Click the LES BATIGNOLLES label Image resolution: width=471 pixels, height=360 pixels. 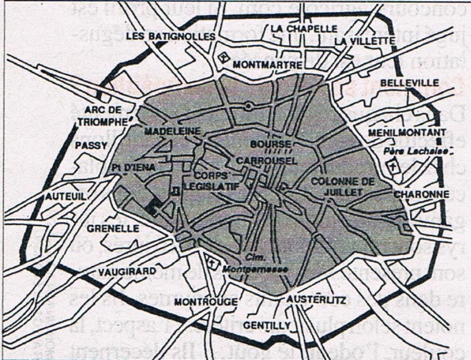176,36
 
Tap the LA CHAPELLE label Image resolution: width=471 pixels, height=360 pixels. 304,28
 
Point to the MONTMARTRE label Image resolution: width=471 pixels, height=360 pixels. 267,65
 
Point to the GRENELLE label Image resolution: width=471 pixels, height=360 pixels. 113,229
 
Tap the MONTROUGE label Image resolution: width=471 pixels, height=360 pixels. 206,302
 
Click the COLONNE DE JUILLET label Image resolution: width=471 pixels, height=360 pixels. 336,187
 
